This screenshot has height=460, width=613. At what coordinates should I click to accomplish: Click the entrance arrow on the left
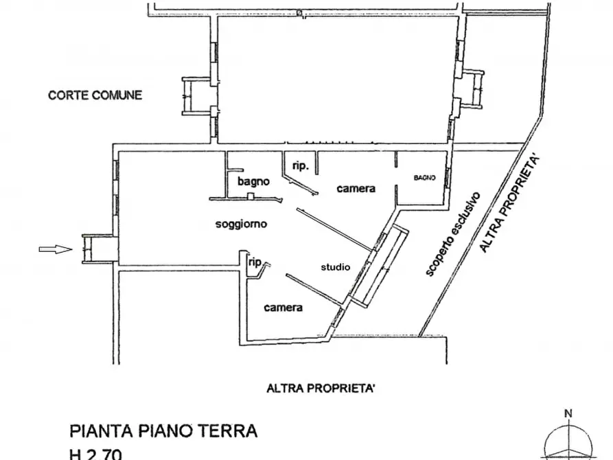pyautogui.click(x=56, y=249)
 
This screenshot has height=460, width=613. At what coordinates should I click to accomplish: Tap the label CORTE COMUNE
pyautogui.click(x=95, y=95)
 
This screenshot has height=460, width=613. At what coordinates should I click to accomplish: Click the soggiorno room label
pyautogui.click(x=241, y=224)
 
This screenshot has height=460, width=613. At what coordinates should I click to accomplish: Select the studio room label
pyautogui.click(x=336, y=267)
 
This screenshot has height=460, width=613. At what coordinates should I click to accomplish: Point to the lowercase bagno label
pyautogui.click(x=253, y=182)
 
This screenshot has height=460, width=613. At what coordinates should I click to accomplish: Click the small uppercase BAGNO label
pyautogui.click(x=425, y=178)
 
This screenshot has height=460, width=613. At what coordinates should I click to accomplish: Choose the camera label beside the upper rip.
pyautogui.click(x=356, y=188)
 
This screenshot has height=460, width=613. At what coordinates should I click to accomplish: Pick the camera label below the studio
pyautogui.click(x=284, y=308)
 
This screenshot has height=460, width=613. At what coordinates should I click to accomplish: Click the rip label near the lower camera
pyautogui.click(x=255, y=262)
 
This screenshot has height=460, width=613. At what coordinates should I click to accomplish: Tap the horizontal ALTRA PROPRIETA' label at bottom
pyautogui.click(x=321, y=389)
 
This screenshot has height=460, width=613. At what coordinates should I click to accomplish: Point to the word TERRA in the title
pyautogui.click(x=229, y=431)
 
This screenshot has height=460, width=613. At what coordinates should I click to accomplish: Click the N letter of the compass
pyautogui.click(x=568, y=413)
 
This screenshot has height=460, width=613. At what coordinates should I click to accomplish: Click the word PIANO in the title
pyautogui.click(x=162, y=431)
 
